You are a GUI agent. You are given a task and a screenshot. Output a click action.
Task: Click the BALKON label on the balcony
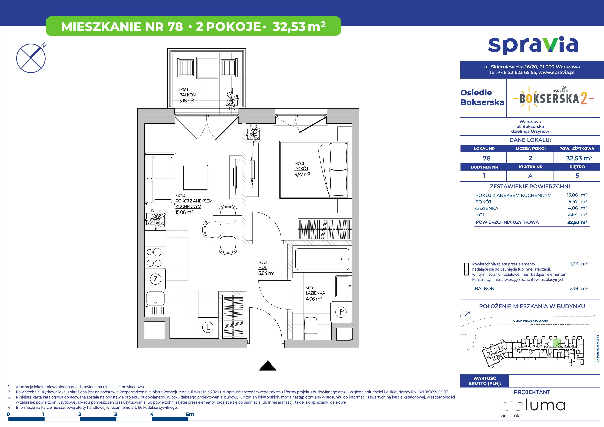click(187, 95)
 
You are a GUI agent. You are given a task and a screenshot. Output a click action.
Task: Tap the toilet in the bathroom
click(311, 328)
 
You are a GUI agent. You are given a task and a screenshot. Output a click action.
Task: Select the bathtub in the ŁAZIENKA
click(322, 259)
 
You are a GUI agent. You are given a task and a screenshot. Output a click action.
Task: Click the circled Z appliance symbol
click(155, 279)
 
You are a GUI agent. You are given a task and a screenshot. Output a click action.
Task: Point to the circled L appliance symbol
click(208, 328)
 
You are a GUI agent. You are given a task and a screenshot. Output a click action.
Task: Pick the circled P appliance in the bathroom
click(341, 312)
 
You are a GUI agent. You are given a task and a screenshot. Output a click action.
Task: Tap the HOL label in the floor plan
click(263, 268)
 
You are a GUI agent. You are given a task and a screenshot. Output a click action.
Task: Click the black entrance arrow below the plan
click(268, 366)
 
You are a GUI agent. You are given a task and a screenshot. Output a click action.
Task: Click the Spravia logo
click(533, 46)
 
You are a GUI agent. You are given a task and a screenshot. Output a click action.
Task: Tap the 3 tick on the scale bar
click(116, 414)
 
